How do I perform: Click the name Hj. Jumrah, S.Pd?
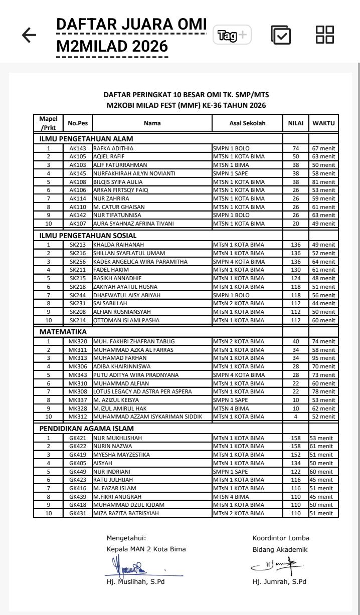coord(279,581)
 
